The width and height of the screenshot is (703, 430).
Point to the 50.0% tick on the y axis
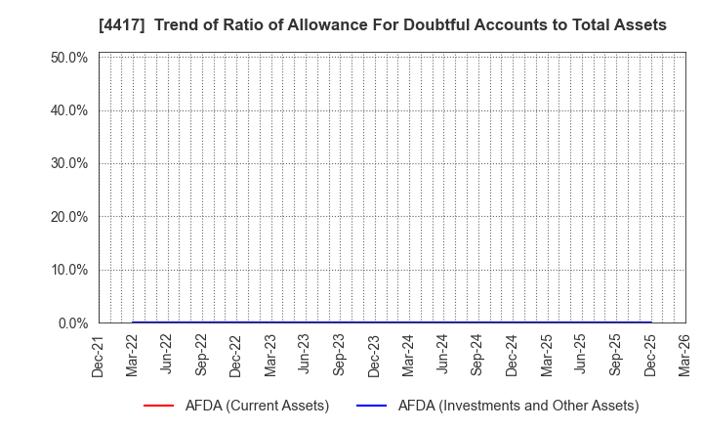tap(69, 58)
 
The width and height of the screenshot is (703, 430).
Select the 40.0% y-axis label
tap(69, 110)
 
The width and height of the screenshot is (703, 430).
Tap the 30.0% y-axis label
tap(69, 163)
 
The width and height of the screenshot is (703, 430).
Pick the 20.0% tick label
tap(69, 217)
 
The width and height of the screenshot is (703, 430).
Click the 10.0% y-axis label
tap(69, 270)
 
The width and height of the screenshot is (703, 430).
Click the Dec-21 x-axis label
tap(99, 355)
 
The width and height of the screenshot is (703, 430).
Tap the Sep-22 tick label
tap(202, 355)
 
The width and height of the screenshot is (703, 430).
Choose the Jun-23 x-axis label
tap(305, 355)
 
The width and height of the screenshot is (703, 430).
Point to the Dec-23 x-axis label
tap(374, 355)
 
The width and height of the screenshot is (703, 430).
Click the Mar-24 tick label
tap(408, 355)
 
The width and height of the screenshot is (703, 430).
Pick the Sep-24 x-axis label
tap(477, 355)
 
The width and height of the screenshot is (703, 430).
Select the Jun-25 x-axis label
tap(581, 355)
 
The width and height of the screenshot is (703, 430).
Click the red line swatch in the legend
tap(158, 406)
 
